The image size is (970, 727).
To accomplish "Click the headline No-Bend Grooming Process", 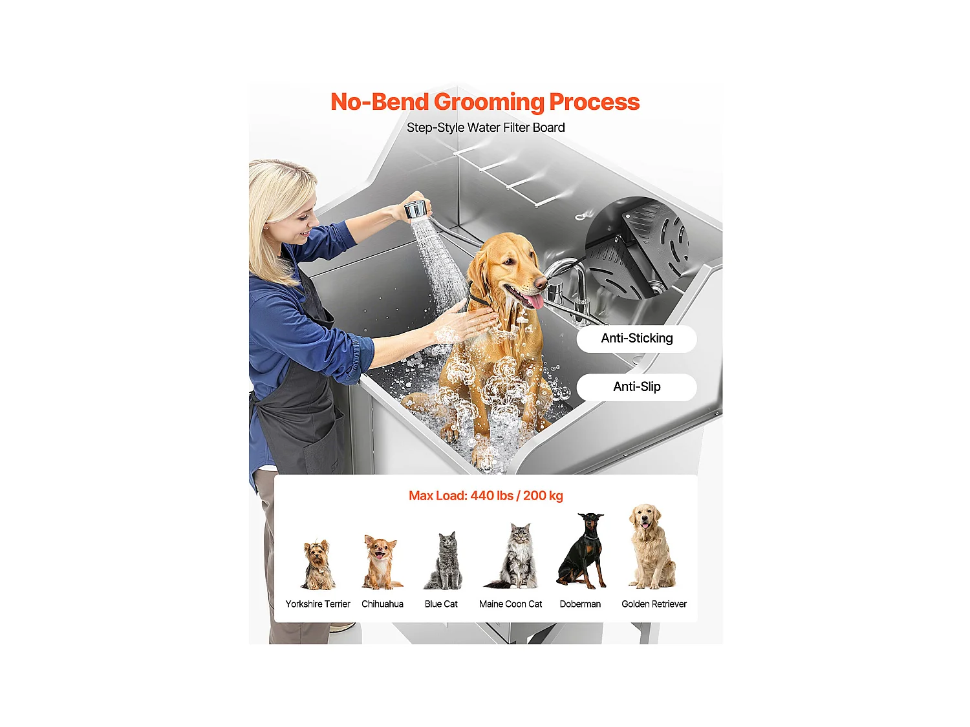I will [484, 102].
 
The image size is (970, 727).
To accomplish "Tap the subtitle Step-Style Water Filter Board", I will [486, 128].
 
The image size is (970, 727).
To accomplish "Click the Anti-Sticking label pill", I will [636, 339].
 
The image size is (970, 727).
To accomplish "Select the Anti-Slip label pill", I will [636, 387].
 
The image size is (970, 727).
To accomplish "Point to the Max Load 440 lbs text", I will [486, 496].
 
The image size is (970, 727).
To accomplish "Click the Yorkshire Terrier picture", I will [318, 565].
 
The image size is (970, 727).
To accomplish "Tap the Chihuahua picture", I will [381, 562].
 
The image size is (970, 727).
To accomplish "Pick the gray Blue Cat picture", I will [444, 561].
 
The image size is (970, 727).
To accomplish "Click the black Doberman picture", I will [583, 551].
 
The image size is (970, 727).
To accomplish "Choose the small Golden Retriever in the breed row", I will [652, 547].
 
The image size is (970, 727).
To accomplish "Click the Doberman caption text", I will [580, 604].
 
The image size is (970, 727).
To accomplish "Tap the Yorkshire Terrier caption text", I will [318, 604].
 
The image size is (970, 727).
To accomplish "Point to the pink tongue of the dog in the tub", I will [534, 301].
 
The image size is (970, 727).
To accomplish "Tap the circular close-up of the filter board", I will [636, 249].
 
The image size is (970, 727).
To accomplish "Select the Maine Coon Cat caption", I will [510, 604].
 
